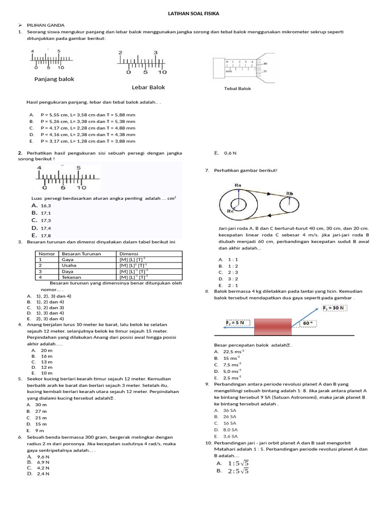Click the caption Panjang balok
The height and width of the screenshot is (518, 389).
pos(54,79)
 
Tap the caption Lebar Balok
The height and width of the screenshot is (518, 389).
pos(148,87)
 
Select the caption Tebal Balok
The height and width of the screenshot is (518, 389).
pos(238,89)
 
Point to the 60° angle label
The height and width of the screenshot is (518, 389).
pos(308,322)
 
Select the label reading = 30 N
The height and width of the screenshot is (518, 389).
pos(335,308)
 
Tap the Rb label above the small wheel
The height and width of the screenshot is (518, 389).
pos(290,193)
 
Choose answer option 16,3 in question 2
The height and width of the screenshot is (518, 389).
pos(46,206)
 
